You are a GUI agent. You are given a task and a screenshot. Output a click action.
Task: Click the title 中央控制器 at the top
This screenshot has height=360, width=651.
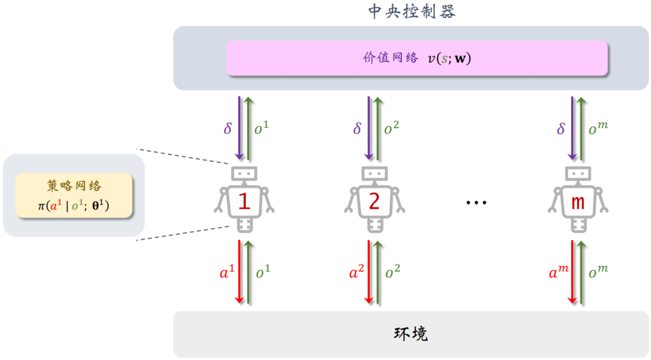coord(412,11)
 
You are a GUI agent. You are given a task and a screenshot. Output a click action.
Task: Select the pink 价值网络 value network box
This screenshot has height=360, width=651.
coord(416,58)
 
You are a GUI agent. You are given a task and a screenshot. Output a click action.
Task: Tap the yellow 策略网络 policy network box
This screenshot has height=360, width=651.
coord(73,195)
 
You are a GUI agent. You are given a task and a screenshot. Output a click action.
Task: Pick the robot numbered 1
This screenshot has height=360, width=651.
coord(244,200)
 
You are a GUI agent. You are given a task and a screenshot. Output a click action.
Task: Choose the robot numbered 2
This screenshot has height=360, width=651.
coord(373,200)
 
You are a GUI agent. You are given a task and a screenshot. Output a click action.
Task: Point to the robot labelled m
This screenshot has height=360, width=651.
coord(577,200)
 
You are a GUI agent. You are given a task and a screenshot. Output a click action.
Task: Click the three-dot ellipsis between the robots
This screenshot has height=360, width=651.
coord(476,203)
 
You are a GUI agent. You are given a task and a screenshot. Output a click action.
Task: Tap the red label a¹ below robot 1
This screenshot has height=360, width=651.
coord(227,273)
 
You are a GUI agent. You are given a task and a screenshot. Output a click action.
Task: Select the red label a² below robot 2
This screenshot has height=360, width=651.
coord(356,273)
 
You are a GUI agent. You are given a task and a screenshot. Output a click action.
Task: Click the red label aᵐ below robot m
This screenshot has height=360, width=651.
coord(559,273)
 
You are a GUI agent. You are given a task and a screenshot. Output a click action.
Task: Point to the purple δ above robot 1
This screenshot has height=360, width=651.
coord(228,128)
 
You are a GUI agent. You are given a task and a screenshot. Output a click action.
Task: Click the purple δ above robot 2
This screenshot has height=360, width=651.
coord(357,128)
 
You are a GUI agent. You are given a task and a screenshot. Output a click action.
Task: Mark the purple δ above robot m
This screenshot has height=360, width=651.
coord(560,128)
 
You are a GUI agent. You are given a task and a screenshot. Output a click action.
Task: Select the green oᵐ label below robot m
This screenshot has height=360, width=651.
coord(597,272)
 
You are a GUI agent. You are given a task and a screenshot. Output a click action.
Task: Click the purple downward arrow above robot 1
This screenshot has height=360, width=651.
coord(239,128)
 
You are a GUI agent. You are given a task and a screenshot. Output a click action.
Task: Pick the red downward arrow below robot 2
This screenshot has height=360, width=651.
coord(369,272)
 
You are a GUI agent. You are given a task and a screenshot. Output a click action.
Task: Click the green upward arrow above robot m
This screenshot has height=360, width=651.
coord(582,128)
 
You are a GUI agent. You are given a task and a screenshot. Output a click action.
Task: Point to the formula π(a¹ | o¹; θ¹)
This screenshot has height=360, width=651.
coord(73,206)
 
